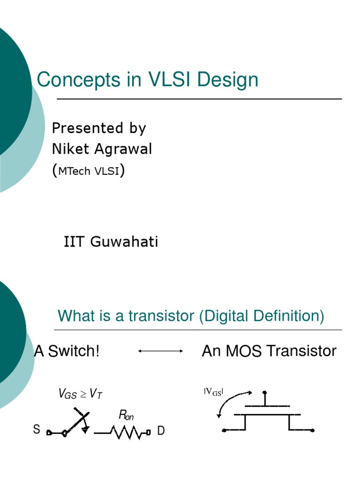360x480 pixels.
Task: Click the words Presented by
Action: click(x=98, y=128)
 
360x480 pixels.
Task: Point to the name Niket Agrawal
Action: click(x=102, y=149)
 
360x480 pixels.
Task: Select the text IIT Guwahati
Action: click(x=111, y=242)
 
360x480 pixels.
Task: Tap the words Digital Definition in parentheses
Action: click(x=261, y=316)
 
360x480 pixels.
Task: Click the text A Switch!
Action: click(x=67, y=351)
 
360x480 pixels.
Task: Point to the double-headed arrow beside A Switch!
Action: click(x=160, y=351)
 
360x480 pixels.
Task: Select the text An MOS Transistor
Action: click(x=269, y=351)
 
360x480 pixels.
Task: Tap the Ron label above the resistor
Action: click(x=126, y=415)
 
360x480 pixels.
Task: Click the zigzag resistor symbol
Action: click(x=125, y=432)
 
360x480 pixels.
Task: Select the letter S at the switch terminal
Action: click(x=37, y=430)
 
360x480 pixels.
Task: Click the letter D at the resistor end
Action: click(x=161, y=431)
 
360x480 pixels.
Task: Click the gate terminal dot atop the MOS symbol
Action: click(x=265, y=392)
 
